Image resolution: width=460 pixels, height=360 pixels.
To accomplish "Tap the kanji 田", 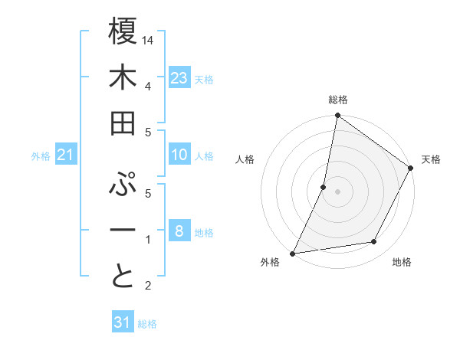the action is pyautogui.click(x=123, y=123).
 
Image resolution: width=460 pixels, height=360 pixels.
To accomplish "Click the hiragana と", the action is pyautogui.click(x=123, y=277).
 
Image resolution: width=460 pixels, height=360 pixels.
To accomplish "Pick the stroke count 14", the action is pyautogui.click(x=149, y=39).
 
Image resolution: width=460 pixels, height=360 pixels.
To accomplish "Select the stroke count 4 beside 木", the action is pyautogui.click(x=148, y=86).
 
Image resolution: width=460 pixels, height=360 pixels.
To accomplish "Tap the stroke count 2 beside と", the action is pyautogui.click(x=148, y=286).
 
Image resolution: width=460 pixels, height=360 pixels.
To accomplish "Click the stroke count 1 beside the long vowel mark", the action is pyautogui.click(x=148, y=240).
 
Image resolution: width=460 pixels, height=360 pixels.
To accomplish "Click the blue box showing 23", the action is pyautogui.click(x=179, y=77).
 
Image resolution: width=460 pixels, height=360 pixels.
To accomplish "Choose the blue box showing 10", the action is pyautogui.click(x=179, y=155).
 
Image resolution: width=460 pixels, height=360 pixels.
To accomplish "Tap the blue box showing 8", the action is pyautogui.click(x=179, y=231).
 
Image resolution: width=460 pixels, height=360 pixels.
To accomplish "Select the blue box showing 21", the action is pyautogui.click(x=66, y=155).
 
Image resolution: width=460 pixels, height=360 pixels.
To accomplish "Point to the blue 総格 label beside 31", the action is pyautogui.click(x=147, y=324).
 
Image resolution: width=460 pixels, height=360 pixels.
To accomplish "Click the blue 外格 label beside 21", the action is pyautogui.click(x=41, y=156).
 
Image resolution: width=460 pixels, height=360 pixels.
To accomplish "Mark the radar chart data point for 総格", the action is pyautogui.click(x=337, y=116).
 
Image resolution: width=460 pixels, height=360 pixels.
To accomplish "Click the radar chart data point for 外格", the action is pyautogui.click(x=293, y=253).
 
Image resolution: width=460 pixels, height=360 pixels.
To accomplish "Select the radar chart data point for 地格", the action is pyautogui.click(x=374, y=242).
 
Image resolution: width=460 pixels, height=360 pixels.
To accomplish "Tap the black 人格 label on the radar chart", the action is pyautogui.click(x=245, y=159).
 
